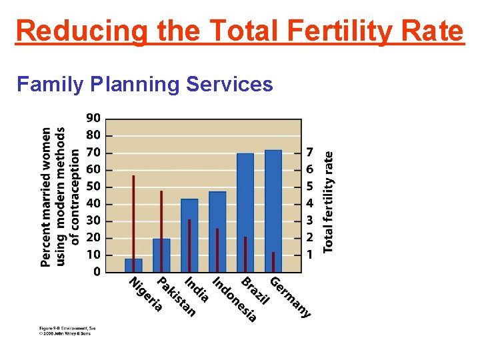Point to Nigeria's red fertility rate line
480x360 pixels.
click(x=133, y=213)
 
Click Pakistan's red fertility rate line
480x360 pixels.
click(x=161, y=220)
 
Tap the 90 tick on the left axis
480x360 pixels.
click(x=93, y=118)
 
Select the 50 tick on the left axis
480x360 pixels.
click(x=93, y=187)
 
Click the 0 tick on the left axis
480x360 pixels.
click(x=97, y=272)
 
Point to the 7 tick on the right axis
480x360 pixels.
click(x=309, y=152)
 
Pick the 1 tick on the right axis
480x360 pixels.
click(x=309, y=255)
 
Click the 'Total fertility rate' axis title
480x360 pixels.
click(x=328, y=201)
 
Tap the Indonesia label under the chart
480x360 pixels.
click(x=234, y=299)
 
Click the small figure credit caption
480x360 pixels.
click(x=65, y=331)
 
